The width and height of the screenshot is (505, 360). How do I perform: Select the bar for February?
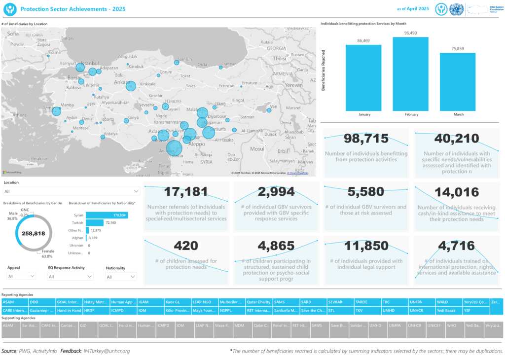(410, 74)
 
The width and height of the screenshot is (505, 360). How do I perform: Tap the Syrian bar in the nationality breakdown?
(107, 216)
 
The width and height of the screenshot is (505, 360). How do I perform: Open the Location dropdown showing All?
(72, 191)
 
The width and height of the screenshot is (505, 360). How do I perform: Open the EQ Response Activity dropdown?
(71, 277)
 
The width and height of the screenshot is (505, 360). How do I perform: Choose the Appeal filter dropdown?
(21, 277)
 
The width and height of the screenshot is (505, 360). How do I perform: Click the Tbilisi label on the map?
(280, 58)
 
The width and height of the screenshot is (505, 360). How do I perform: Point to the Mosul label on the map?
(257, 148)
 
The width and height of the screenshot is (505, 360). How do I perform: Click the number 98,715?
(366, 139)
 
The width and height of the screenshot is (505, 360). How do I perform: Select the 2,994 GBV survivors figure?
(276, 192)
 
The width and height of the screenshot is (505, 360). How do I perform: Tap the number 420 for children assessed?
(186, 246)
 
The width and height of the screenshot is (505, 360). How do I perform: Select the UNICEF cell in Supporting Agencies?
(434, 325)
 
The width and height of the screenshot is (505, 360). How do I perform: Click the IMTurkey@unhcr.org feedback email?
(107, 351)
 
